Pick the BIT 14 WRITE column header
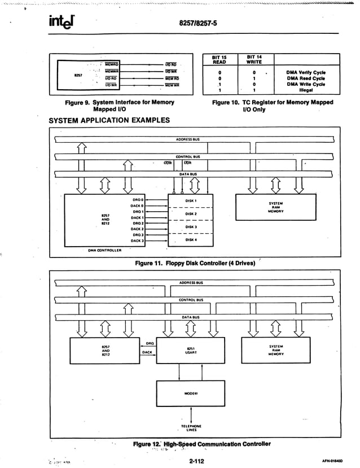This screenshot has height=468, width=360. coord(254,59)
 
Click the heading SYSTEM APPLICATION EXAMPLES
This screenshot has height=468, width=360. coord(110,120)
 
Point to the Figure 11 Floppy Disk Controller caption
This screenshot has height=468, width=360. coord(195,263)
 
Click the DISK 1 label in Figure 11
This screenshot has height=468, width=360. coord(190,200)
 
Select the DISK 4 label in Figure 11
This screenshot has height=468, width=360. coord(190,239)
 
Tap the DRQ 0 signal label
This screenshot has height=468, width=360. coord(138,199)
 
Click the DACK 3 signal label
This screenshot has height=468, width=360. coord(137,241)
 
